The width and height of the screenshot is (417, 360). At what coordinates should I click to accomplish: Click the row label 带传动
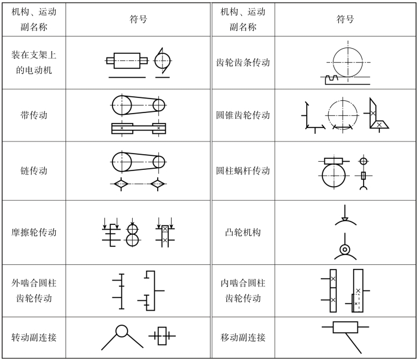[34, 115]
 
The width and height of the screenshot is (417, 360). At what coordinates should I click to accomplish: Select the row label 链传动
[34, 171]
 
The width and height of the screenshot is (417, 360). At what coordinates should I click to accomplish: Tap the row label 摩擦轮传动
[34, 232]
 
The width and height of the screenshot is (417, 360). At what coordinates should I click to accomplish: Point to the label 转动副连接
[34, 337]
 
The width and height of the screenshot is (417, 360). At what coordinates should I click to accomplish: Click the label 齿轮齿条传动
[243, 63]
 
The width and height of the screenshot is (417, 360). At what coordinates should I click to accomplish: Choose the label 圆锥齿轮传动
[243, 115]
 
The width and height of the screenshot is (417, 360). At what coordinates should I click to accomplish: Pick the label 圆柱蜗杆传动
[243, 171]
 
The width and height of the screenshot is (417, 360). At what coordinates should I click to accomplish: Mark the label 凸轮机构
[243, 232]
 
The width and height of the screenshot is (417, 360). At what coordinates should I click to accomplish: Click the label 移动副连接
[243, 337]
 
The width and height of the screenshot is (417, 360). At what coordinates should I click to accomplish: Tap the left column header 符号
[138, 19]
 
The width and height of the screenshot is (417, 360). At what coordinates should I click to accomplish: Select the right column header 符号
[345, 19]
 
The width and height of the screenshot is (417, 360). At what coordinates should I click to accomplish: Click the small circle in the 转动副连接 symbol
[122, 331]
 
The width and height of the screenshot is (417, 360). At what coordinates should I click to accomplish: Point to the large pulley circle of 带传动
[122, 105]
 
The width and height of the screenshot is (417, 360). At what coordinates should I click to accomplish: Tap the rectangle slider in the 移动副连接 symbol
[345, 328]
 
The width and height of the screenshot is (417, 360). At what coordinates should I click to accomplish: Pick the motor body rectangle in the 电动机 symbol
[127, 59]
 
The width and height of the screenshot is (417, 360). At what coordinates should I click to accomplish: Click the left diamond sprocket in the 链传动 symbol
[121, 184]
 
